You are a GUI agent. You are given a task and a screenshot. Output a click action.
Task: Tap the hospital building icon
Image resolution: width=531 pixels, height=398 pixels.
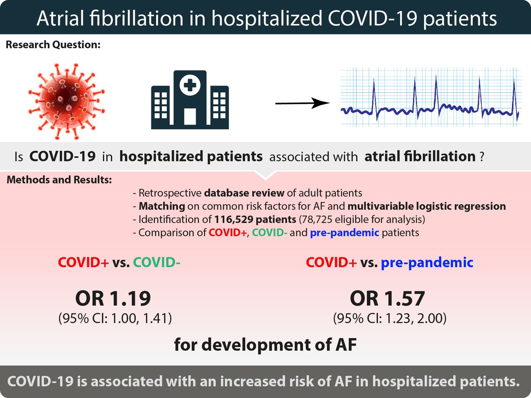tap(190, 100)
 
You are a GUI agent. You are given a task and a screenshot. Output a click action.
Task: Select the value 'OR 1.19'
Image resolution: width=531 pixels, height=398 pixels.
tap(113, 299)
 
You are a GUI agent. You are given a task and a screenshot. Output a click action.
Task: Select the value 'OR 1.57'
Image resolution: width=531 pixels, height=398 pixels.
tap(388, 299)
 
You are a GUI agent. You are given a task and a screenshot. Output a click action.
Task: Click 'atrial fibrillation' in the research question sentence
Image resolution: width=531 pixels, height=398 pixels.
tap(419, 157)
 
